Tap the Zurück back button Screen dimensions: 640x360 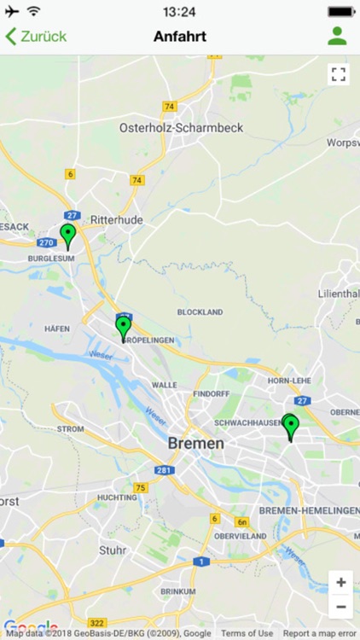click(x=36, y=37)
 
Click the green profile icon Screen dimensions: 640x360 click(x=337, y=37)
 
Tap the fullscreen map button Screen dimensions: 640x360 click(x=339, y=74)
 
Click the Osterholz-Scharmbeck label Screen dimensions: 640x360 click(x=181, y=128)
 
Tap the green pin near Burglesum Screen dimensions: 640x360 click(x=68, y=235)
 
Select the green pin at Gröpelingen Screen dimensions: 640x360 click(x=124, y=327)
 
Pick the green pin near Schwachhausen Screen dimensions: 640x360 click(x=290, y=426)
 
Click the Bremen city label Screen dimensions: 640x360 click(x=196, y=444)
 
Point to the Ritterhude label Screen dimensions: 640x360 click(x=117, y=219)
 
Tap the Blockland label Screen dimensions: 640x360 click(x=200, y=312)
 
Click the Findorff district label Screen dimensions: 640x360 click(x=212, y=394)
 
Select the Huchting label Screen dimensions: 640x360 click(x=117, y=497)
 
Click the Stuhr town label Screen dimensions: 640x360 click(x=113, y=550)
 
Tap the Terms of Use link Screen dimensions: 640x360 click(x=247, y=633)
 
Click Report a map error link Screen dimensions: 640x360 click(x=319, y=633)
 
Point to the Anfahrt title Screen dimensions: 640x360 click(x=180, y=37)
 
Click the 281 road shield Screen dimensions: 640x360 click(x=164, y=471)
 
